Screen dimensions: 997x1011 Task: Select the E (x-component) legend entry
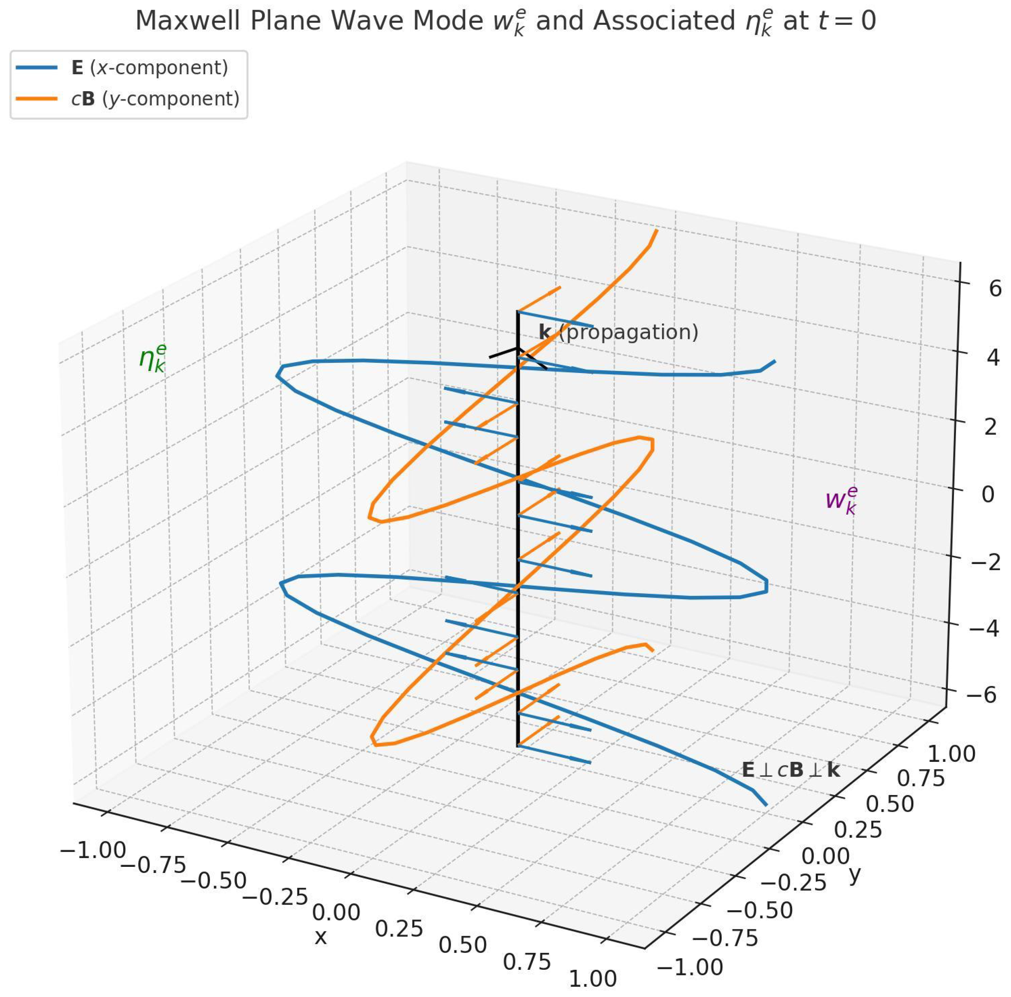pyautogui.click(x=149, y=68)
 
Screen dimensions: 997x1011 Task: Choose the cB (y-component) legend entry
pyautogui.click(x=155, y=99)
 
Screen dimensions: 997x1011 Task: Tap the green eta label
pyautogui.click(x=153, y=358)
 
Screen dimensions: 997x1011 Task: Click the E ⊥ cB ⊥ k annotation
pyautogui.click(x=791, y=770)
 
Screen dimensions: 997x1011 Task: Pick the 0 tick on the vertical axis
pyautogui.click(x=988, y=494)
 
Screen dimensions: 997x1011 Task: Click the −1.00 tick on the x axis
pyautogui.click(x=93, y=849)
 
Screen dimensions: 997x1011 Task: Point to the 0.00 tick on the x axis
pyautogui.click(x=336, y=912)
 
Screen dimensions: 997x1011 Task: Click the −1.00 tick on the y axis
pyautogui.click(x=690, y=967)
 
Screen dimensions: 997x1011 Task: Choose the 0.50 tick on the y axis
pyautogui.click(x=889, y=804)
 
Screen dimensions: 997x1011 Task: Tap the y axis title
pyautogui.click(x=855, y=873)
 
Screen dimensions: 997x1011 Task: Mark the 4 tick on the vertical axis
pyautogui.click(x=993, y=358)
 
